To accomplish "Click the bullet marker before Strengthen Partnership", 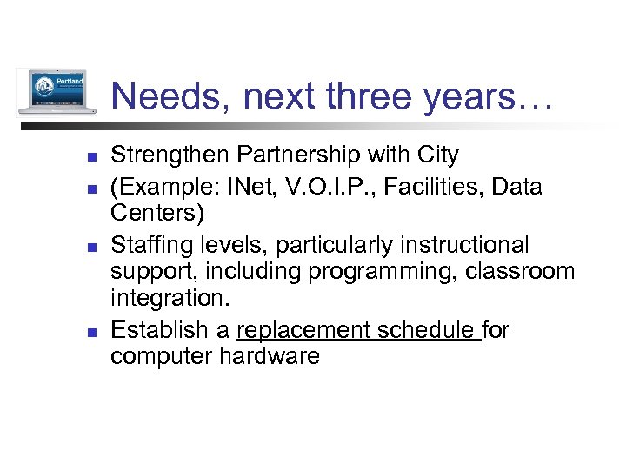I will pyautogui.click(x=90, y=157).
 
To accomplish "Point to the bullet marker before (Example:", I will pyautogui.click(x=90, y=187).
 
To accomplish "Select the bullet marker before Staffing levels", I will pyautogui.click(x=90, y=247).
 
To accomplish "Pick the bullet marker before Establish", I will pyautogui.click(x=90, y=332).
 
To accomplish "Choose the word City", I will pyautogui.click(x=436, y=155).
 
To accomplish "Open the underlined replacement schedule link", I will pyautogui.click(x=358, y=331).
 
